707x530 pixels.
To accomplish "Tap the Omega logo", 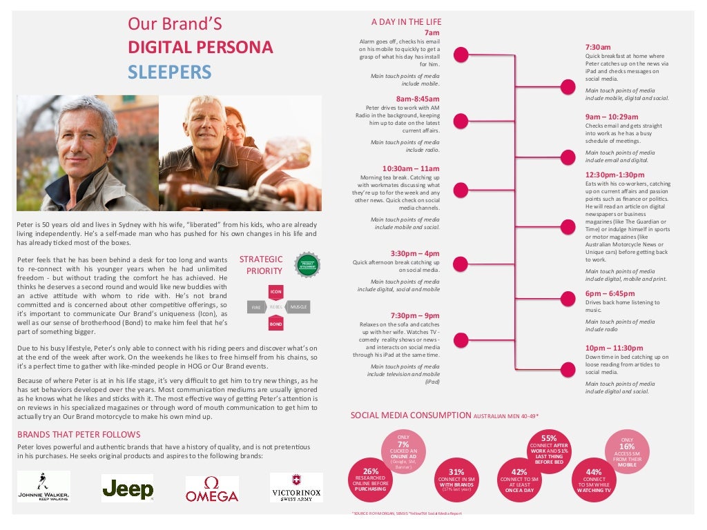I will click(x=212, y=489).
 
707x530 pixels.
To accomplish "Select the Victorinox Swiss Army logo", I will click(x=296, y=488).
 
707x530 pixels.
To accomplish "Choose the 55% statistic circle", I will click(x=548, y=449).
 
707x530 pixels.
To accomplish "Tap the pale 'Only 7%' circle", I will click(x=403, y=452).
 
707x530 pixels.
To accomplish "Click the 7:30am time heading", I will click(x=598, y=47).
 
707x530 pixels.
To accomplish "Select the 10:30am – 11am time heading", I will click(x=411, y=168).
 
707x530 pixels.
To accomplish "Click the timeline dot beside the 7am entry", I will click(x=462, y=55).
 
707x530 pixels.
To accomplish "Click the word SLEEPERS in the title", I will click(x=169, y=72).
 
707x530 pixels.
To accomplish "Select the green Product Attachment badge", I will click(x=307, y=266).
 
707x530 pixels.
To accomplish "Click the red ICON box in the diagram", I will click(x=276, y=291).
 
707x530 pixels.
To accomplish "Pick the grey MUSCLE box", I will click(x=299, y=306).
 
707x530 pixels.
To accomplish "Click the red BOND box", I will click(x=276, y=323).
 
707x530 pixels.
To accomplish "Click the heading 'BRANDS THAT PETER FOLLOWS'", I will click(x=79, y=434).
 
